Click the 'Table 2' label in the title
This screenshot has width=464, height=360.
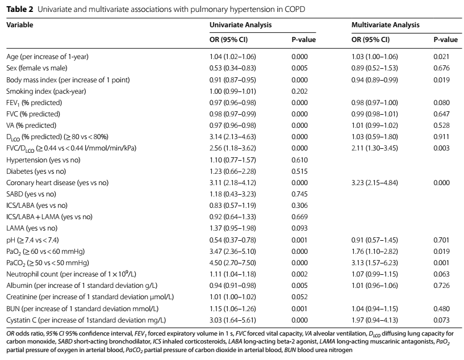click(20, 9)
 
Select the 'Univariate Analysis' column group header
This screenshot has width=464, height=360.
click(241, 25)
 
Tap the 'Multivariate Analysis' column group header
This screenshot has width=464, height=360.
click(385, 25)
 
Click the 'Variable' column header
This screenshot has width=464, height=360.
click(20, 25)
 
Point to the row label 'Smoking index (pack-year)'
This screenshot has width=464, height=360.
click(46, 91)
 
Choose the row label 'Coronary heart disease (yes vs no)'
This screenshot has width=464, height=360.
click(57, 183)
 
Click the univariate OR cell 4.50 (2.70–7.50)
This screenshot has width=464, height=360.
click(233, 263)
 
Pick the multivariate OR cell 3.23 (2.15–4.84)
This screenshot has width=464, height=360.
click(375, 183)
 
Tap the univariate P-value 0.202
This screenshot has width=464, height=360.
click(299, 91)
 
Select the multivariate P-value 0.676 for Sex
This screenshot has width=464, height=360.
click(441, 68)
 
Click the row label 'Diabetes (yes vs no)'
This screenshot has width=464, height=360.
click(36, 171)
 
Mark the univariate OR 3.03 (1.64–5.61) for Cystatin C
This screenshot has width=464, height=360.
click(233, 320)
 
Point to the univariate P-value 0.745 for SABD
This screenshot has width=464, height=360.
click(299, 194)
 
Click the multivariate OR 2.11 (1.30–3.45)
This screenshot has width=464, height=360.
click(375, 148)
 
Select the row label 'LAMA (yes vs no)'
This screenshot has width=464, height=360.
click(32, 228)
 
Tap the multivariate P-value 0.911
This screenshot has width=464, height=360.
click(441, 137)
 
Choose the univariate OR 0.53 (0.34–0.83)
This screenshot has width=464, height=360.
click(233, 68)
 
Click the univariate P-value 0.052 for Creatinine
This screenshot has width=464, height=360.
click(299, 297)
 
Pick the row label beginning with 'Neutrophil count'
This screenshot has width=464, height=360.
click(72, 274)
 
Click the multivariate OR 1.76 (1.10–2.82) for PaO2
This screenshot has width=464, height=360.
click(375, 252)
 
